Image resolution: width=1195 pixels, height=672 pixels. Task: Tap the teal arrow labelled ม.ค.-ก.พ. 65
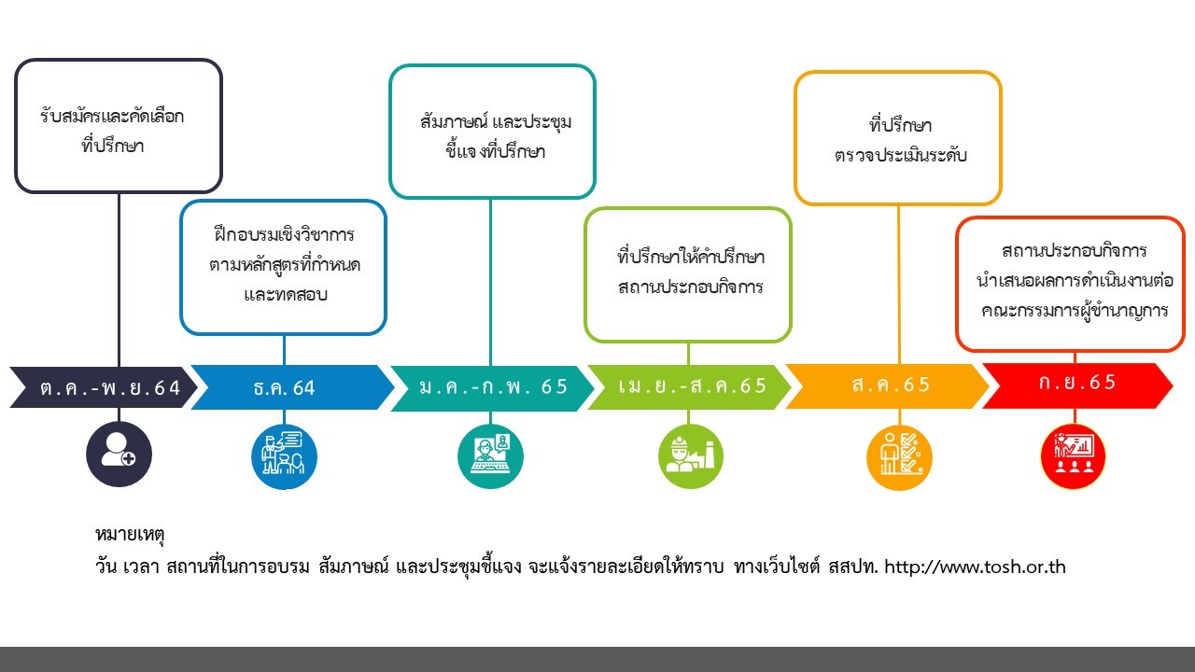491,387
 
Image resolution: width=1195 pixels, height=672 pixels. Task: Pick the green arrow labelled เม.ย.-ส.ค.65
689,387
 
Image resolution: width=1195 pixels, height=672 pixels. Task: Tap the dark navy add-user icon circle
119,455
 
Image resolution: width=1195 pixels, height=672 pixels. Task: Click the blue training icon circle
284,456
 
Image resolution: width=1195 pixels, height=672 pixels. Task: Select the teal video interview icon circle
491,456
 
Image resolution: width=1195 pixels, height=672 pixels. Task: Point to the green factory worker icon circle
690,456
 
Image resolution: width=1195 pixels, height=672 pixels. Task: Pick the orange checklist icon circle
899,456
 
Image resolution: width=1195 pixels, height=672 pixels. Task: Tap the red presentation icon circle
1074,456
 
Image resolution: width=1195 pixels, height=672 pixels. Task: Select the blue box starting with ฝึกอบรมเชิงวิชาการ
284,266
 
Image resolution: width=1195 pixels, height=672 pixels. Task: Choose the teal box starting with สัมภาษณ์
492,132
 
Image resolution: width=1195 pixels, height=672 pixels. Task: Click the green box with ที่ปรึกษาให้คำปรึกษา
689,273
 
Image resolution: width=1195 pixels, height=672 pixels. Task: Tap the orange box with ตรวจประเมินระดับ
898,138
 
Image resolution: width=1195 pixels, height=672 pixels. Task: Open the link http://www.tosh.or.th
974,567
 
